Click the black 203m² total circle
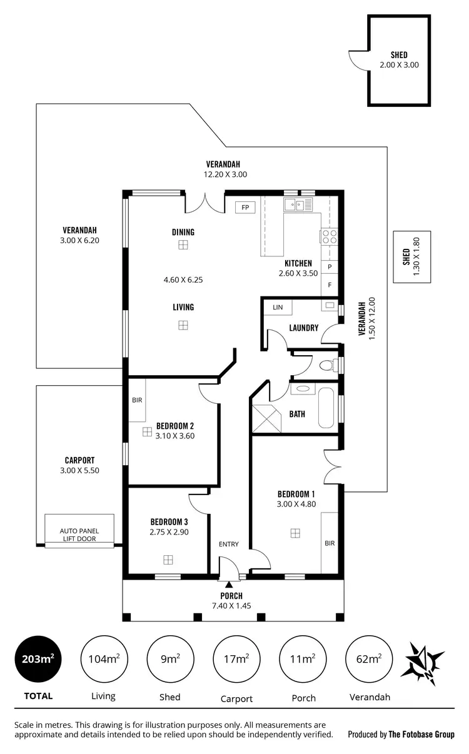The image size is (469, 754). (x=39, y=660)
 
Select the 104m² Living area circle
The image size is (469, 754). (x=104, y=660)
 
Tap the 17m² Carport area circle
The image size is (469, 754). (x=237, y=660)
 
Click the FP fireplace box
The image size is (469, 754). (x=245, y=207)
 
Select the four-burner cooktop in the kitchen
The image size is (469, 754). (x=330, y=236)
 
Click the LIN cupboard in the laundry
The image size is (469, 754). (x=278, y=308)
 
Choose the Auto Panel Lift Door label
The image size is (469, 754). (x=79, y=535)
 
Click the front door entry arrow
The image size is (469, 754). (x=228, y=584)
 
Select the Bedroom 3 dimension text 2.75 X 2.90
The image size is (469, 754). (x=169, y=533)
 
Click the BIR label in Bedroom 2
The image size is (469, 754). (x=136, y=400)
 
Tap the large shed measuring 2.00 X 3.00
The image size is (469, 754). (x=399, y=60)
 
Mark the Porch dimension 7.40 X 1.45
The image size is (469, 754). (x=231, y=606)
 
